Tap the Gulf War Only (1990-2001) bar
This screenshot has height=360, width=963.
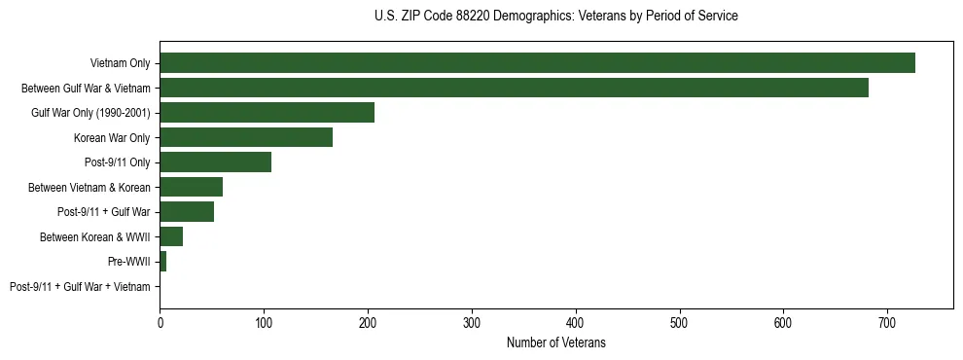click(267, 113)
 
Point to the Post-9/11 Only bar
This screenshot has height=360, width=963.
click(215, 162)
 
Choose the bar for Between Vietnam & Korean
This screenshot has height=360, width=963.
click(191, 187)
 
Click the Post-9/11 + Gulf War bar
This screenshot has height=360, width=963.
click(187, 212)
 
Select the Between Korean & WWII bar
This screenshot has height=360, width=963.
click(171, 236)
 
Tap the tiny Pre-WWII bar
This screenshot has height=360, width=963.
click(163, 262)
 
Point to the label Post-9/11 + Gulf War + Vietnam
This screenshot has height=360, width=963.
click(80, 287)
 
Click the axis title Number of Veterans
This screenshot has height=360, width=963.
click(555, 342)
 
